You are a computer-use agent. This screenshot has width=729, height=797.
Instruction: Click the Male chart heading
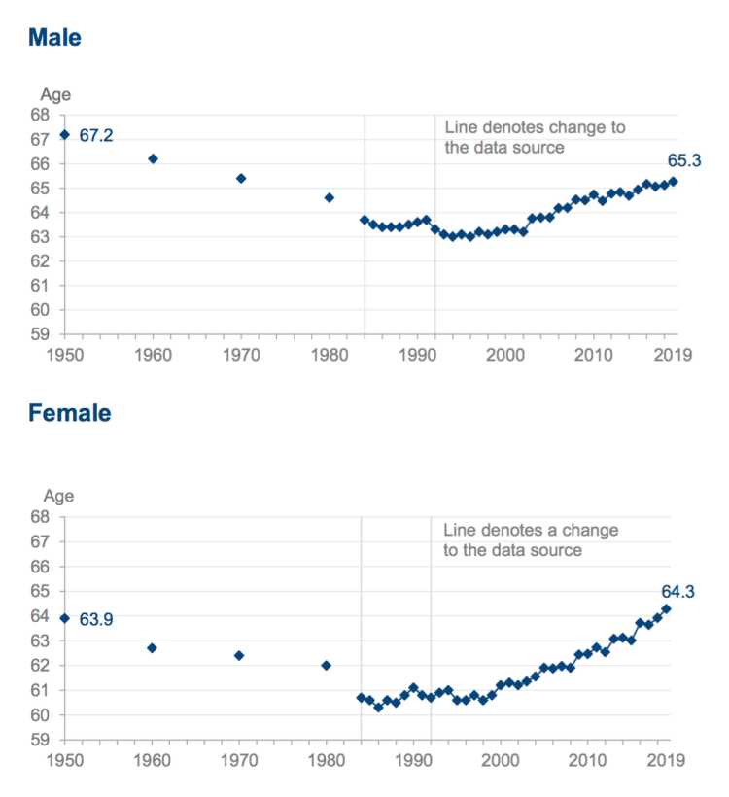coord(54,38)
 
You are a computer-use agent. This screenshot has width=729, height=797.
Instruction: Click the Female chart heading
coord(69,413)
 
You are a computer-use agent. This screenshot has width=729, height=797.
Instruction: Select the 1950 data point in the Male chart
coord(64,134)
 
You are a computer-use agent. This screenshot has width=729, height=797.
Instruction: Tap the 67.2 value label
coord(96,136)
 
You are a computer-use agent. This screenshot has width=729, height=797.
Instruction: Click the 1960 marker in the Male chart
coord(153,158)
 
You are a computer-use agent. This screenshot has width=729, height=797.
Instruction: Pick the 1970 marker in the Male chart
coord(241,178)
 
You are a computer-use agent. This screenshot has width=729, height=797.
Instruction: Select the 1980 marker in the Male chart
coord(329,197)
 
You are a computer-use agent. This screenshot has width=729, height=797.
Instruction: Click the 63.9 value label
coord(96,619)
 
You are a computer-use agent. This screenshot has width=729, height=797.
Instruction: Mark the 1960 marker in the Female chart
coord(152,647)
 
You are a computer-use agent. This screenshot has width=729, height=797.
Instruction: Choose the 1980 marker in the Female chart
coord(327,665)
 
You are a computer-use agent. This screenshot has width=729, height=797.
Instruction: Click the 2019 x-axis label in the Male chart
coord(672,355)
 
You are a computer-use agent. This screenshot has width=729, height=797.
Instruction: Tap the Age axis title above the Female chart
coord(55,497)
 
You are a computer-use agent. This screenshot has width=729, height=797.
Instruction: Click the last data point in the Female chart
coord(667,608)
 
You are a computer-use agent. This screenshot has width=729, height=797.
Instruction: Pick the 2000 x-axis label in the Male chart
coord(503,355)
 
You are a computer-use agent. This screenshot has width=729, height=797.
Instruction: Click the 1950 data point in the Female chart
coord(64,618)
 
